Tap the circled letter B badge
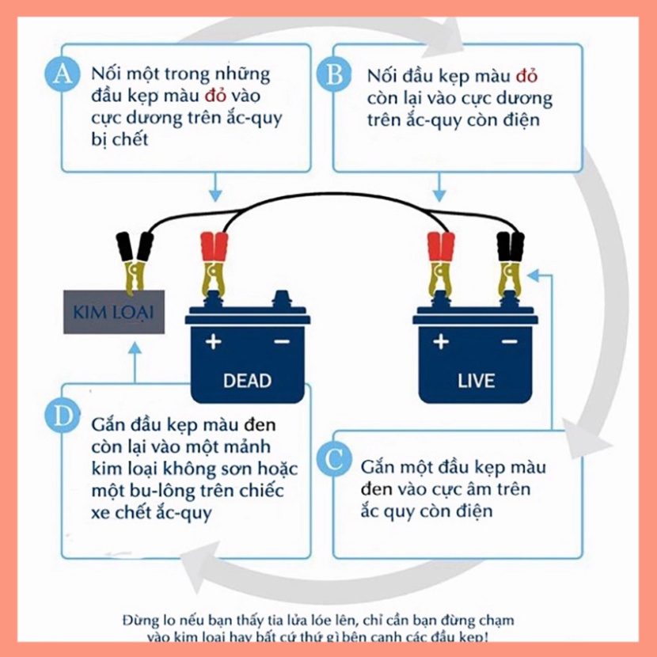click(x=332, y=74)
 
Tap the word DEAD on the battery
click(x=247, y=380)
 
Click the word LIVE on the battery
click(x=476, y=380)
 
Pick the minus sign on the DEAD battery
click(x=281, y=343)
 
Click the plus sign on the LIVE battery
click(x=441, y=343)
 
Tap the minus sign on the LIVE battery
click(x=509, y=343)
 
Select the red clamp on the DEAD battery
click(x=215, y=257)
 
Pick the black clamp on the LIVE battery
click(x=509, y=257)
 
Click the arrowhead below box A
click(x=215, y=196)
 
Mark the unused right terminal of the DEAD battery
click(x=281, y=299)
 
